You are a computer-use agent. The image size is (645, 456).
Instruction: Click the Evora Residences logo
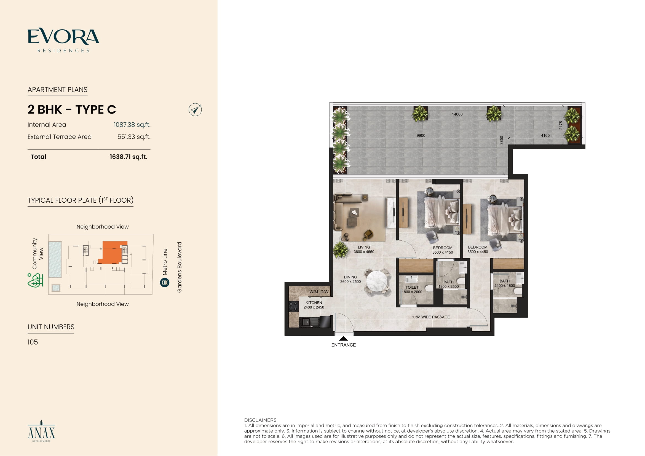pos(63,40)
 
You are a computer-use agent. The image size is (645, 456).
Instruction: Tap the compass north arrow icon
pos(195,109)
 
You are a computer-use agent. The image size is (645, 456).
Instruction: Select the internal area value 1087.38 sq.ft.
pos(132,125)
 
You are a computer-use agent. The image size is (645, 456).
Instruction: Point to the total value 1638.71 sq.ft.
pos(129,157)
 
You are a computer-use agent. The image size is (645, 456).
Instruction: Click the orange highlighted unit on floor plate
pos(112,252)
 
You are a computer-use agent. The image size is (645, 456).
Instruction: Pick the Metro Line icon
pos(165,283)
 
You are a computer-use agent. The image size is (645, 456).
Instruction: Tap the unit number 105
pos(33,342)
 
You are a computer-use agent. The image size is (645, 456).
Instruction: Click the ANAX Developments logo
pos(42,431)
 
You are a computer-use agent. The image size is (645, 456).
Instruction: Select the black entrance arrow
pos(343,338)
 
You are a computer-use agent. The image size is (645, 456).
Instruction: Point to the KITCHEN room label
pos(314,303)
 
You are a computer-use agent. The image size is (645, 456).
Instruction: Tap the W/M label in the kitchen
pos(314,292)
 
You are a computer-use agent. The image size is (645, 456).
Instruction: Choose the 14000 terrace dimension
pos(457,114)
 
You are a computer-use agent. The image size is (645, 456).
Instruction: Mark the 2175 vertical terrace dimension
pos(561,125)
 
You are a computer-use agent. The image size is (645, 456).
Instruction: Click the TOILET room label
pos(412,287)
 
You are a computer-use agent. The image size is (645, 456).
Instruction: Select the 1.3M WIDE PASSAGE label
pos(431,317)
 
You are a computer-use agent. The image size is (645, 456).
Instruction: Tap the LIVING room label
pos(364,247)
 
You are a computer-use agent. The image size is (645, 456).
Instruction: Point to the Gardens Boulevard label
pos(179,267)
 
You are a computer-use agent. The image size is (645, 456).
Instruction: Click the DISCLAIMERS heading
pos(260,420)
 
